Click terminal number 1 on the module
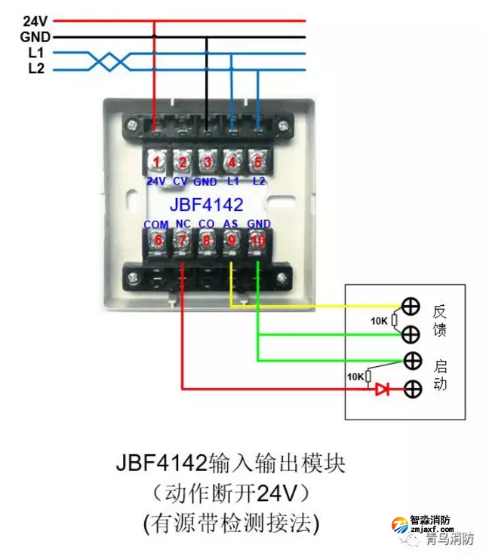pyautogui.click(x=155, y=161)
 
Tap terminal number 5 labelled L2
pyautogui.click(x=257, y=161)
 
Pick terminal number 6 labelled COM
pyautogui.click(x=156, y=240)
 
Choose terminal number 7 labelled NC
pyautogui.click(x=182, y=240)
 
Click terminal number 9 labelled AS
pyautogui.click(x=232, y=240)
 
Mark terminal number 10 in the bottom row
pyautogui.click(x=258, y=240)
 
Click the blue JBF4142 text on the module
pyautogui.click(x=206, y=203)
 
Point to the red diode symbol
pyautogui.click(x=383, y=390)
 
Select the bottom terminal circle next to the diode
pyautogui.click(x=411, y=390)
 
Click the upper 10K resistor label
pyautogui.click(x=380, y=321)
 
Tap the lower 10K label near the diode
pyautogui.click(x=355, y=376)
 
